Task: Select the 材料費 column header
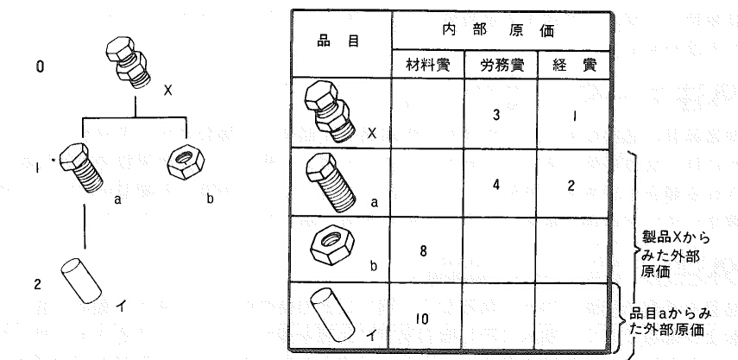point(428,65)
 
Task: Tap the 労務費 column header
point(501,65)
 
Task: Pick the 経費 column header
point(575,65)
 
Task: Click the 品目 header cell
point(338,41)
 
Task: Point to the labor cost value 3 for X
point(496,116)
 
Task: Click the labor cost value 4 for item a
point(496,185)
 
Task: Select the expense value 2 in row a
point(571,185)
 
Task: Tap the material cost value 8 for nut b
point(424,251)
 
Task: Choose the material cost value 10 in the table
point(422,319)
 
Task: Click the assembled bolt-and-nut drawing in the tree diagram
point(127,62)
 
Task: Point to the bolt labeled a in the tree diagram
point(82,167)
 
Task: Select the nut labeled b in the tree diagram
point(186,161)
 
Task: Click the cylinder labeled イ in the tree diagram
point(81,281)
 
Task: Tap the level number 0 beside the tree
point(41,66)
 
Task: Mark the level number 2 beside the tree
point(38,284)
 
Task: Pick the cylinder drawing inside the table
point(333,314)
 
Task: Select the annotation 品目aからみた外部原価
point(670,321)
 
